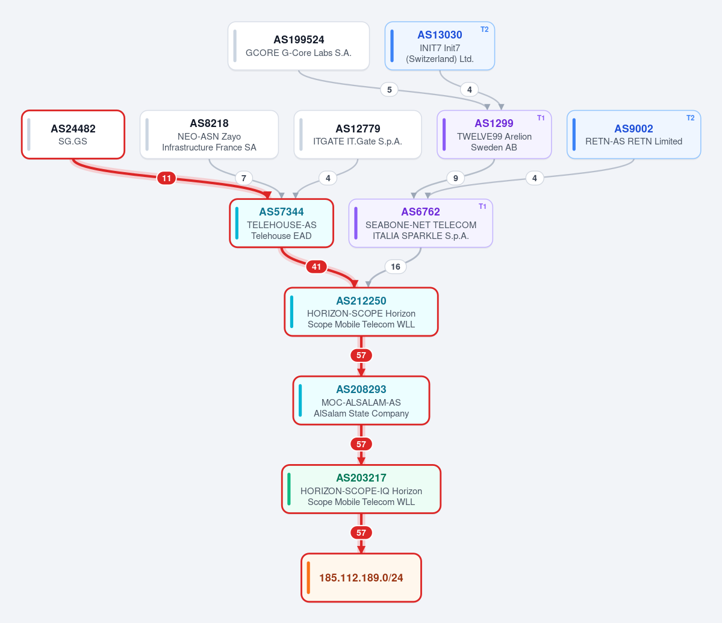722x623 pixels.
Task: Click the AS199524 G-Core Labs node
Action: (299, 46)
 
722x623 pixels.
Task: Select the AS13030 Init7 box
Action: (440, 46)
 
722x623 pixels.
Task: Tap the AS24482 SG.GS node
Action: (73, 134)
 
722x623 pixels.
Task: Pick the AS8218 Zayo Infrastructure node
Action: (209, 134)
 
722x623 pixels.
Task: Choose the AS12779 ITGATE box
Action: (358, 134)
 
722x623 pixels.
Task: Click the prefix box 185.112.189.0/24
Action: (361, 577)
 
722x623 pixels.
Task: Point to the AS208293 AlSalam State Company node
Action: (361, 400)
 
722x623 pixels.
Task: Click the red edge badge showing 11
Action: (166, 178)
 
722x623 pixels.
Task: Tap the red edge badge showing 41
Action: (316, 267)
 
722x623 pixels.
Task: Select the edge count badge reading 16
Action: (396, 267)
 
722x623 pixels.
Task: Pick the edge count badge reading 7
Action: (244, 178)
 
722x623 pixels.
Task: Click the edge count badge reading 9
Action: (455, 178)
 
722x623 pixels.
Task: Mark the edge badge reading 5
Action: (389, 89)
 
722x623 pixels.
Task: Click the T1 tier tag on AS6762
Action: (482, 206)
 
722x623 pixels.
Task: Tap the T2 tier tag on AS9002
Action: (690, 118)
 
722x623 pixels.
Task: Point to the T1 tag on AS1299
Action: (541, 118)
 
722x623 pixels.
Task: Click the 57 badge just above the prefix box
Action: (361, 533)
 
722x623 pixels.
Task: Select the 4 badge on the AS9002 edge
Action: (534, 178)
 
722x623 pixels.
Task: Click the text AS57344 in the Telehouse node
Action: (281, 212)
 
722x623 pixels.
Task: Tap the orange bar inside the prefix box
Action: (308, 577)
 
